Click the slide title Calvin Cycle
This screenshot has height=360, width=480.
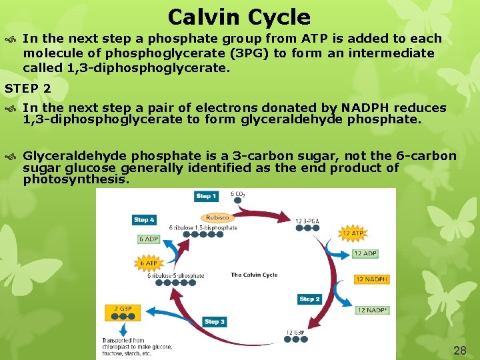click(239, 17)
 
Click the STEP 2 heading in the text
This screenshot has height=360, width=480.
click(28, 87)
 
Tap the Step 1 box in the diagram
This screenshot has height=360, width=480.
click(206, 196)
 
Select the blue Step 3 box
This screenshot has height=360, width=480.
click(215, 322)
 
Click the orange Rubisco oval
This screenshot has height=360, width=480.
click(217, 217)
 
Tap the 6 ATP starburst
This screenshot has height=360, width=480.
click(149, 262)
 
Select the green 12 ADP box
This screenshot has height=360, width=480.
click(365, 254)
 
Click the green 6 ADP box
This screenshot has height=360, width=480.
click(149, 239)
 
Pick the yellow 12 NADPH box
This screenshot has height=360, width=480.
click(371, 279)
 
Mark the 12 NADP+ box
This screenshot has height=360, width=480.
click(372, 310)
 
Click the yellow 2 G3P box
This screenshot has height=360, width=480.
click(123, 309)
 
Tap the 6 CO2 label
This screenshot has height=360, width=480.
click(237, 195)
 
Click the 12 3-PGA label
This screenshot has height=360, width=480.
click(308, 221)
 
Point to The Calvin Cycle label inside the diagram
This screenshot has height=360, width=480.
click(254, 275)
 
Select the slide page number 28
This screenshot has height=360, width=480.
click(459, 350)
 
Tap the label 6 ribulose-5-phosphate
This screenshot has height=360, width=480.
click(176, 275)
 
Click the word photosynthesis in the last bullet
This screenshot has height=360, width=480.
click(75, 179)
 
